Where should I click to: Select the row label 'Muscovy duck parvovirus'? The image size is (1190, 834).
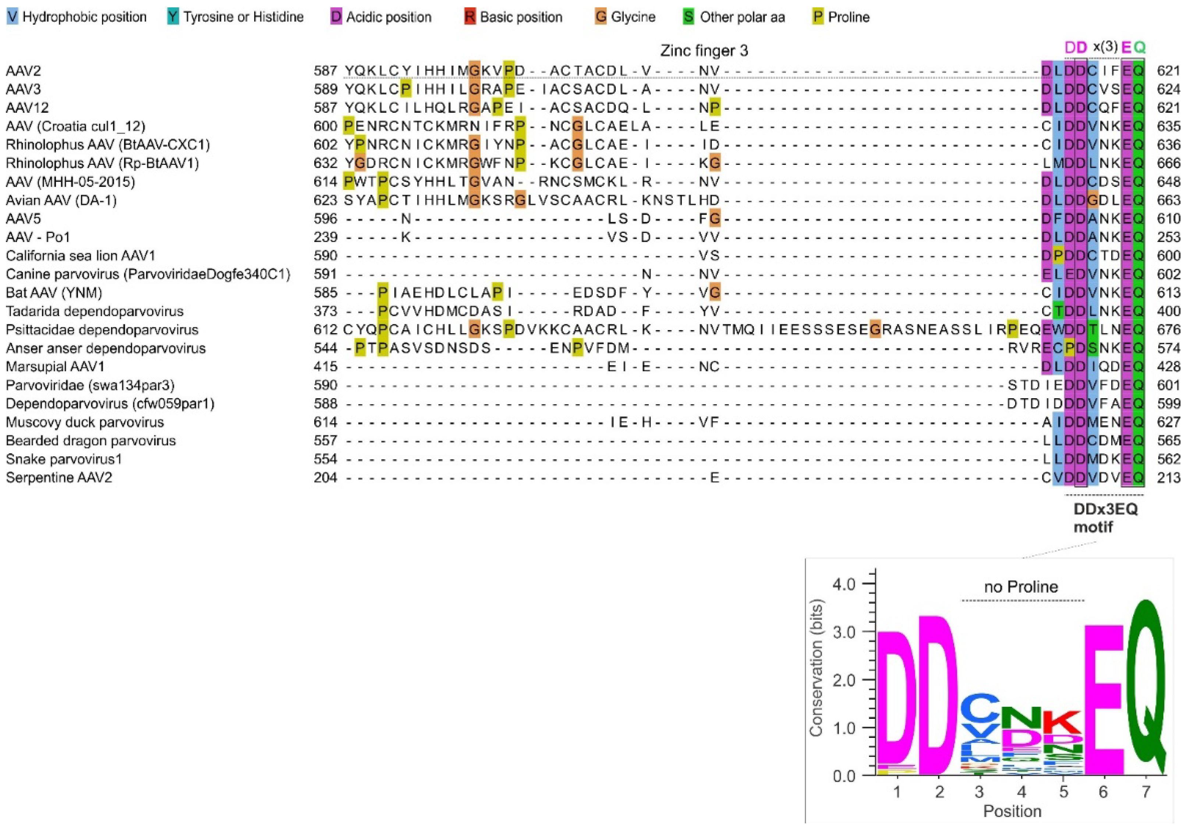click(x=85, y=423)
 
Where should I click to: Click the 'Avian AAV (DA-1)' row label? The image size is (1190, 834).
click(x=61, y=200)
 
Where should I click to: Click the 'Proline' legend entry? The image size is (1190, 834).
click(x=841, y=17)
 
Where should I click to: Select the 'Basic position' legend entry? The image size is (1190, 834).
click(x=513, y=17)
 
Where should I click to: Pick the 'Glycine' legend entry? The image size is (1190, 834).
click(x=626, y=17)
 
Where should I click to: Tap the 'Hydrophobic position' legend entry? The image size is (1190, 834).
click(x=77, y=17)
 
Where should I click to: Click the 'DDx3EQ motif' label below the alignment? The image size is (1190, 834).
click(x=1105, y=518)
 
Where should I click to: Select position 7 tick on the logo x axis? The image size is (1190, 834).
click(x=1145, y=792)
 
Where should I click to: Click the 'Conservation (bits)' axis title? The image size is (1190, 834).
click(x=816, y=669)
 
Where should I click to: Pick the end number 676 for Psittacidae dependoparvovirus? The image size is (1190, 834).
click(x=1168, y=330)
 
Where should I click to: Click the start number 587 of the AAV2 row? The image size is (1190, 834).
click(x=326, y=71)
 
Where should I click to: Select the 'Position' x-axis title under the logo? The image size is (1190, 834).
click(x=1012, y=811)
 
